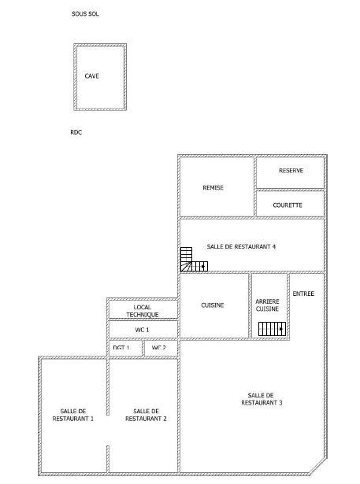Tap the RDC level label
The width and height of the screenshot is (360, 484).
tap(76, 133)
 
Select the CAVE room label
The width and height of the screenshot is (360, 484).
tap(92, 76)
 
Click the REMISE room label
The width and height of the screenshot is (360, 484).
tap(213, 187)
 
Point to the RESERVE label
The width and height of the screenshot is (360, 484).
tap(291, 171)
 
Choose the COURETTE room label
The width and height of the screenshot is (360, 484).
tap(288, 205)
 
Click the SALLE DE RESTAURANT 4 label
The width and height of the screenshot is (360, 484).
tap(241, 247)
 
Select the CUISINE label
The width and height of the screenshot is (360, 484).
tap(213, 305)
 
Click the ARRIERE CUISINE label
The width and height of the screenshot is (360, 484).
tap(267, 305)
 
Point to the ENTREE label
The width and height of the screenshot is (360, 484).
tap(303, 294)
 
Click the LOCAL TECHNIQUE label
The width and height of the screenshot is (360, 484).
tap(142, 311)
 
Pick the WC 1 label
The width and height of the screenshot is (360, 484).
tap(142, 329)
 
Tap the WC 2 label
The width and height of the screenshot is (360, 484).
tap(159, 347)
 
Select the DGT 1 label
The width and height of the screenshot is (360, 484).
tap(121, 347)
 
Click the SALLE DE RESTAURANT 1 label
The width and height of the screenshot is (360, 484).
tap(72, 415)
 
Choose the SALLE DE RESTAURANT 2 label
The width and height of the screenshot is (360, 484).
tap(146, 415)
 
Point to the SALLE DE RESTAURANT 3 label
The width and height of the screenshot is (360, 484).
tap(261, 399)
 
